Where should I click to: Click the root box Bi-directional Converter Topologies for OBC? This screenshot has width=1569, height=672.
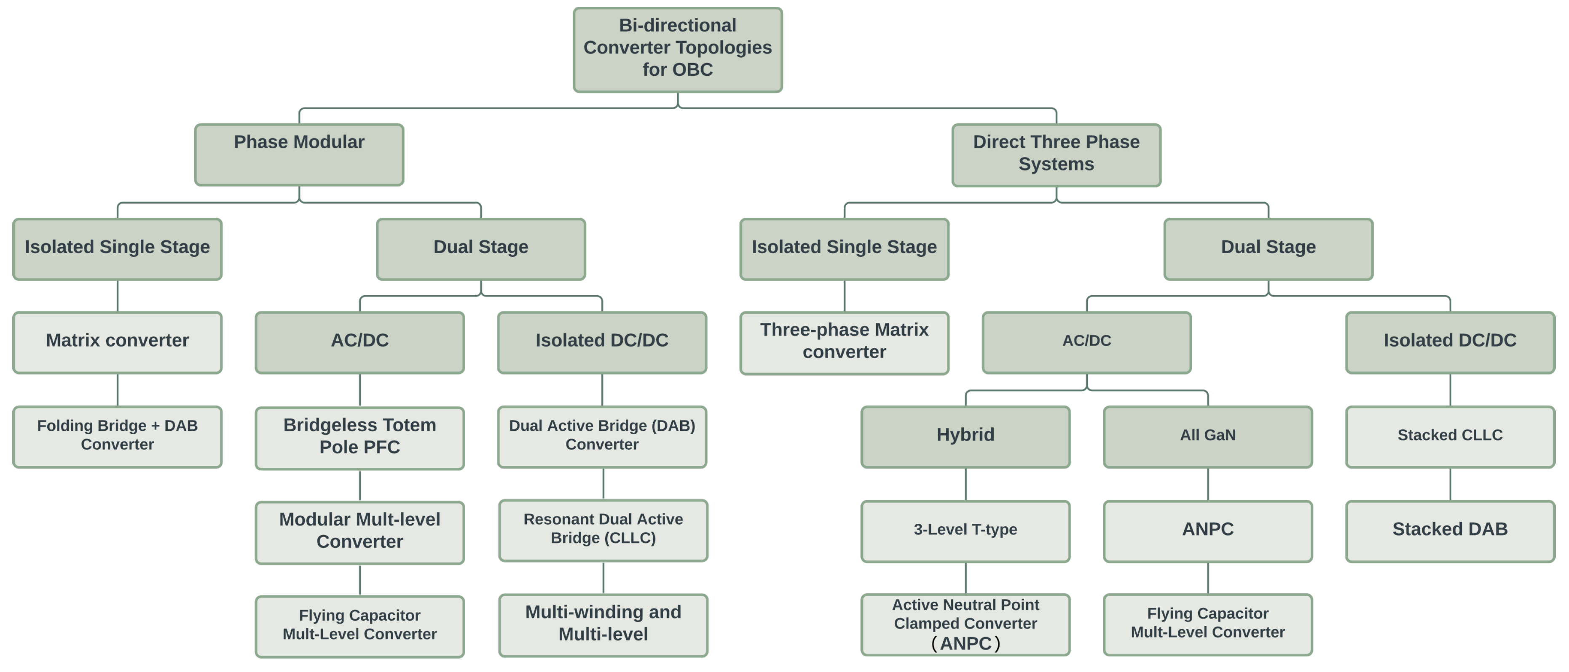click(677, 49)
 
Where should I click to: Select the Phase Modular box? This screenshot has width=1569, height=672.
click(299, 155)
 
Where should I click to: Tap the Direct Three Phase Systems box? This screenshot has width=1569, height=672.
click(1056, 155)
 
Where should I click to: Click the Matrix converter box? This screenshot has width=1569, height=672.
click(118, 342)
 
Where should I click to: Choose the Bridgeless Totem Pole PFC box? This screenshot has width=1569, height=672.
click(359, 437)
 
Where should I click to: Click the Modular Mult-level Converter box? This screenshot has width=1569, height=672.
click(359, 531)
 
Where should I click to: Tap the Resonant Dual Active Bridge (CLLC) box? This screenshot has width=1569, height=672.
click(603, 530)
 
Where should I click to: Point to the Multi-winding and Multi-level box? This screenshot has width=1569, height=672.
click(603, 624)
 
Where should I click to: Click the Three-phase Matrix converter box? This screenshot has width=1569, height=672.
click(844, 342)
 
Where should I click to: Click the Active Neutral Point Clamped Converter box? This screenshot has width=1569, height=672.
click(966, 624)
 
